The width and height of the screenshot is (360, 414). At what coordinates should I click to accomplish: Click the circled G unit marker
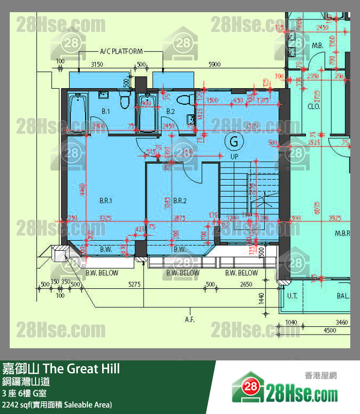click(x=234, y=142)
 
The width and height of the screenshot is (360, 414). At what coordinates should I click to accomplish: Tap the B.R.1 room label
click(x=106, y=200)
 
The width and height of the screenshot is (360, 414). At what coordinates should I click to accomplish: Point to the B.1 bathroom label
click(x=106, y=112)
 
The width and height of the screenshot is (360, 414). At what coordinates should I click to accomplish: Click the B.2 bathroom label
click(x=170, y=112)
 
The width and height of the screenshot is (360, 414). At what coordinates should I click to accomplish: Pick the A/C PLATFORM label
click(x=121, y=51)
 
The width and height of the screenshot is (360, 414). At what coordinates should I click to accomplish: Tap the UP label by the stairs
click(x=234, y=157)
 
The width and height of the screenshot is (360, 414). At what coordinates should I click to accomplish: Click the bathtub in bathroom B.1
click(x=78, y=112)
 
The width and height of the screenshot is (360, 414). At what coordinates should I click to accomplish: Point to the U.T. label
click(x=292, y=296)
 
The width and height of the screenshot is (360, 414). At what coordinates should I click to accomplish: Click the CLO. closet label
click(x=313, y=106)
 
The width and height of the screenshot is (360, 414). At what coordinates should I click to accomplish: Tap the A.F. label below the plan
click(x=190, y=320)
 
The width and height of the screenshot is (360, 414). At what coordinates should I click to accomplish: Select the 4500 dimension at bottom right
click(x=330, y=330)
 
